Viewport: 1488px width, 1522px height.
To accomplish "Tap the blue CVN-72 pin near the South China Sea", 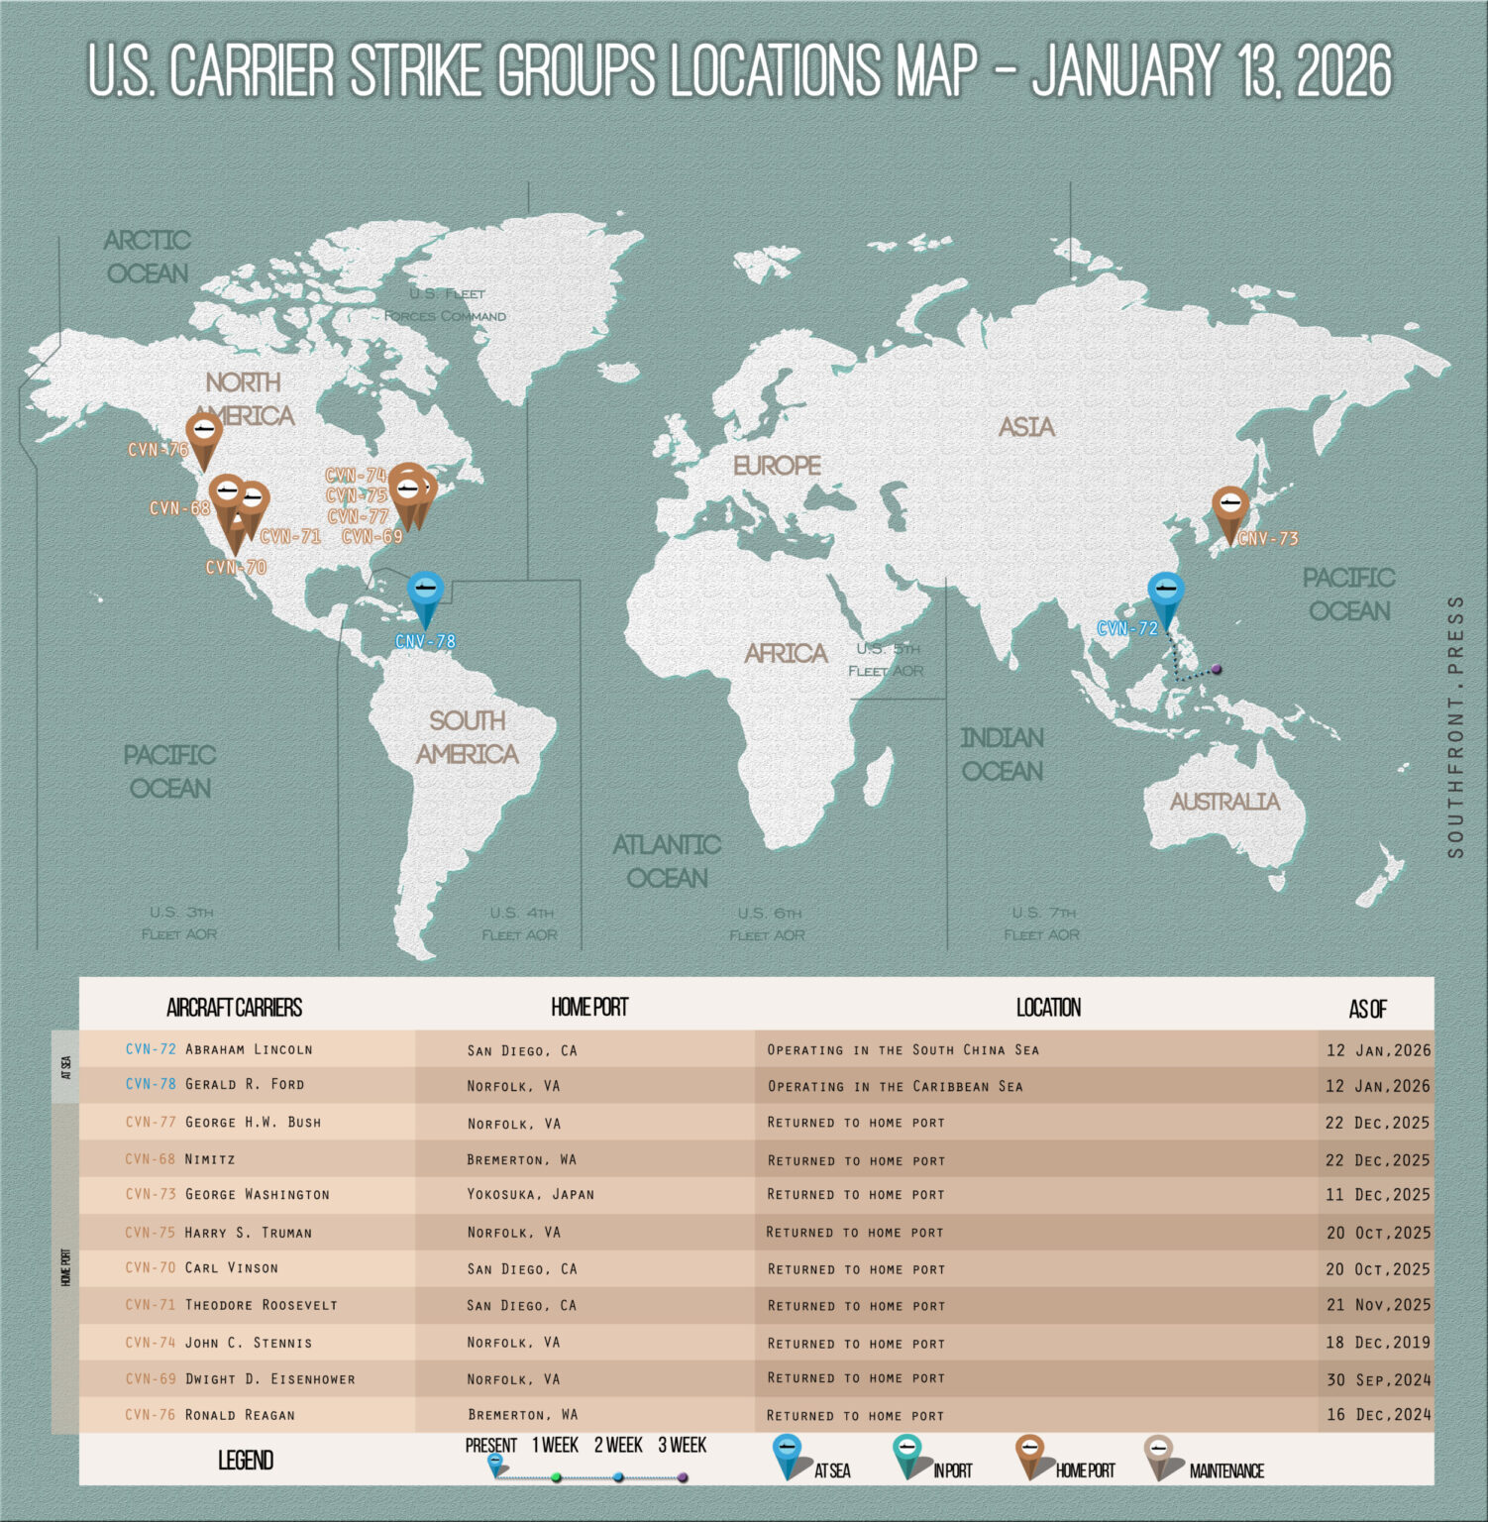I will (1166, 592).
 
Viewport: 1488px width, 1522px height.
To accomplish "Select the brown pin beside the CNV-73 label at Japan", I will (1230, 506).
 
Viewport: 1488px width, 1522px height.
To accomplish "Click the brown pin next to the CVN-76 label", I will (204, 433).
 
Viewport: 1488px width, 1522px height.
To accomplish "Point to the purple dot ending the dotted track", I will (1217, 670).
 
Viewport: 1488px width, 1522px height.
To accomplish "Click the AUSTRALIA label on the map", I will (1224, 802).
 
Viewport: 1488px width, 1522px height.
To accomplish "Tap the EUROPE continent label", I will (777, 465).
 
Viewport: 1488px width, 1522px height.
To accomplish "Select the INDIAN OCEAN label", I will (1002, 754).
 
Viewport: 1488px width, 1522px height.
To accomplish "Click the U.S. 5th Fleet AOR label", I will (887, 660).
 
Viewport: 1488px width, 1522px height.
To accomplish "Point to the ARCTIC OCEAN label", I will (148, 257).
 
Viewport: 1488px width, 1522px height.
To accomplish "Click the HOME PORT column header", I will (589, 1008).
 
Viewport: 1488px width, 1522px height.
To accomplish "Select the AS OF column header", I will (1367, 1010).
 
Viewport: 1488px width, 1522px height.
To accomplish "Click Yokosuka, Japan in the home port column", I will (530, 1195).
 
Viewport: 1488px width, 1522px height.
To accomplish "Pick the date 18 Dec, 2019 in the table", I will (1378, 1343).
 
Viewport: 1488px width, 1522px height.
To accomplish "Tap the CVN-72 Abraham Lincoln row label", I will (219, 1049).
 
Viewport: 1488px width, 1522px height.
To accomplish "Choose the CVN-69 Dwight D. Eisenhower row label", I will (240, 1378).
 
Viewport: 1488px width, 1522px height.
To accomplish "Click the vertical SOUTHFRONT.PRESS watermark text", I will (1454, 726).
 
